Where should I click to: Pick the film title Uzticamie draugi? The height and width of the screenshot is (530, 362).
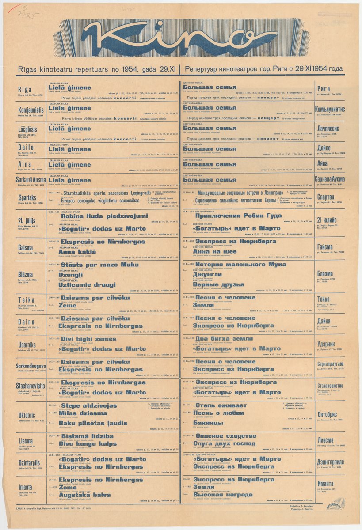click(87, 285)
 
